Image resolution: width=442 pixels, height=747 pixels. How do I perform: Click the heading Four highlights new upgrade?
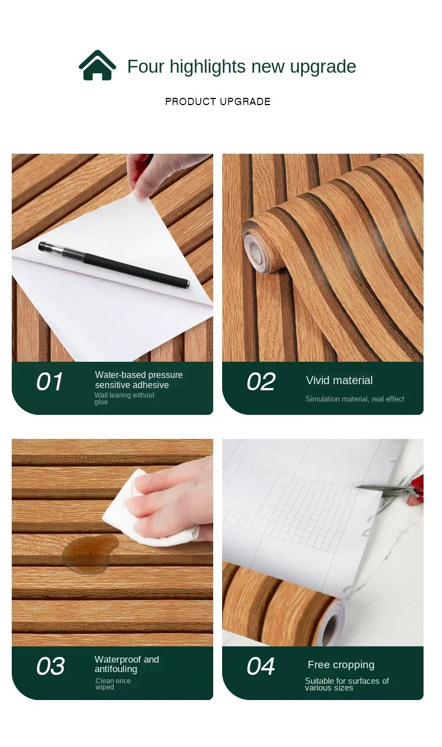pyautogui.click(x=241, y=67)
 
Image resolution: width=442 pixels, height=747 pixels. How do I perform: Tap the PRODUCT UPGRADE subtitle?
pyautogui.click(x=218, y=102)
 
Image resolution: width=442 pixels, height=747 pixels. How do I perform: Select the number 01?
pyautogui.click(x=49, y=382)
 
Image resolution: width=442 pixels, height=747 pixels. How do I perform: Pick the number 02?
pyautogui.click(x=261, y=382)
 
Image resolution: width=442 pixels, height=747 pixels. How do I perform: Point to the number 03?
pyautogui.click(x=50, y=666)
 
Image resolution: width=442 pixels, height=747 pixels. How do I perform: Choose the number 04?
pyautogui.click(x=261, y=666)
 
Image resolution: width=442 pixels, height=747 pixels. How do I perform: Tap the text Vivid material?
pyautogui.click(x=339, y=380)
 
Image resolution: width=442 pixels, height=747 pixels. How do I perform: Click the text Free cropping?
pyautogui.click(x=341, y=665)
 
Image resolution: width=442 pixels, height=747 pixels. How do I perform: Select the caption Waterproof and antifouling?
pyautogui.click(x=126, y=664)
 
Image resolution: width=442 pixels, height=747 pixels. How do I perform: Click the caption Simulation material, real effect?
pyautogui.click(x=355, y=399)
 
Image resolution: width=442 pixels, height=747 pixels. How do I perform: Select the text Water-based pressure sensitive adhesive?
pyautogui.click(x=139, y=380)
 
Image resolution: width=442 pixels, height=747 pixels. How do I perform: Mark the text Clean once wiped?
pyautogui.click(x=112, y=684)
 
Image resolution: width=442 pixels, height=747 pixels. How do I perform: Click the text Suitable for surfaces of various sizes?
pyautogui.click(x=347, y=684)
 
